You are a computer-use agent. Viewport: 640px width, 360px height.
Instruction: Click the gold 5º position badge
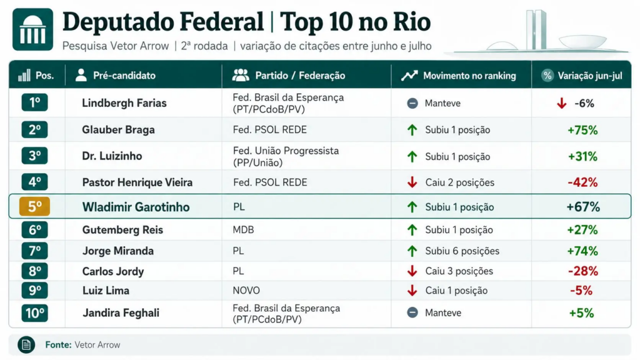35,206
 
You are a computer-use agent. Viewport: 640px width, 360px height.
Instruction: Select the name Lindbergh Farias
124,103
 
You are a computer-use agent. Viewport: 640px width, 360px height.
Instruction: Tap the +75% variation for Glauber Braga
582,130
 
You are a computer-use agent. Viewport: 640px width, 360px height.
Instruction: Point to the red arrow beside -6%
562,103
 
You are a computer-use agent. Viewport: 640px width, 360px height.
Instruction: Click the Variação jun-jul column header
590,76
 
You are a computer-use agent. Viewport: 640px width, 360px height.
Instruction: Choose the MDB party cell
243,230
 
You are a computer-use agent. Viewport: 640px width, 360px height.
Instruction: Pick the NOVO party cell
246,290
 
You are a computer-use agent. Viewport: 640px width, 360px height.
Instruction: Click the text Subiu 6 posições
462,251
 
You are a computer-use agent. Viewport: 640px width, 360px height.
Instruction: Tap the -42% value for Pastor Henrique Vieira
582,182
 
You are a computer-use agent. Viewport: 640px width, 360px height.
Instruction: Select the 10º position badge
35,313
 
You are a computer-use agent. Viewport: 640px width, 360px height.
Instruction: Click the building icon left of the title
32,29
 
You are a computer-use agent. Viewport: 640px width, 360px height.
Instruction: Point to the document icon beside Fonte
26,345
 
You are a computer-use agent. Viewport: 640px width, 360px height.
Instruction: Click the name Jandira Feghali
121,312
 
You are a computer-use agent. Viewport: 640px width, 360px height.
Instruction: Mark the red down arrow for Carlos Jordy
412,271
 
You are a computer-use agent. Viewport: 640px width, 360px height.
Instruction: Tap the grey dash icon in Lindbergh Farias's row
412,103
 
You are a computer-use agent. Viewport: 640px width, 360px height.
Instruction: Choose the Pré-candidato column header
124,76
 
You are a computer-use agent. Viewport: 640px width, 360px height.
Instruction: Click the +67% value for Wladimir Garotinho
583,207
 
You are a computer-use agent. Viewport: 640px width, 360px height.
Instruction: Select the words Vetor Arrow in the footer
97,345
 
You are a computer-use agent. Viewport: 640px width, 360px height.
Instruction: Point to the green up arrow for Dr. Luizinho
412,156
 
